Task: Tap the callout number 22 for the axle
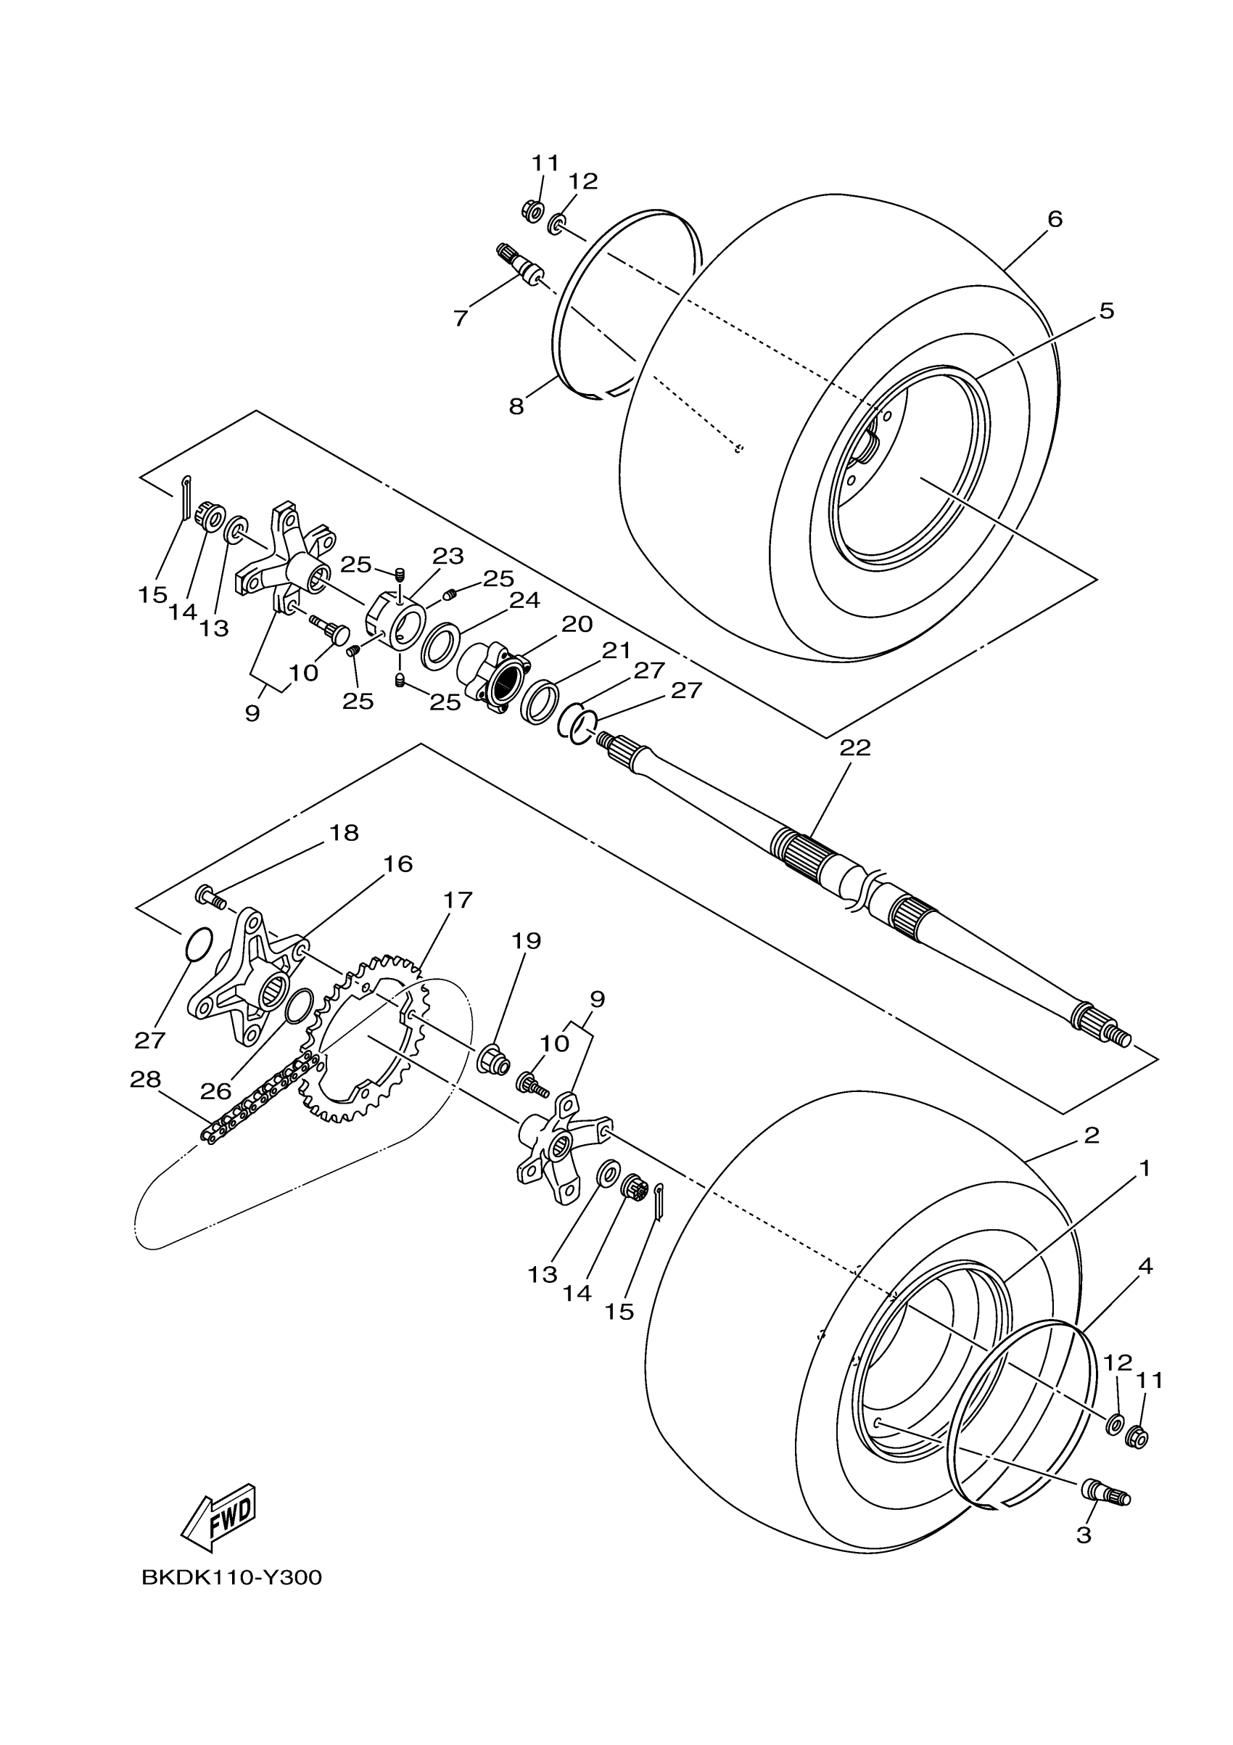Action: click(x=854, y=748)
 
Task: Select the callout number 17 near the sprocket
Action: click(x=458, y=900)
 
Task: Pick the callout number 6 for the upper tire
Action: click(x=1055, y=220)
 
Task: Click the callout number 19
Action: click(x=526, y=941)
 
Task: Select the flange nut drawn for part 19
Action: click(x=492, y=1059)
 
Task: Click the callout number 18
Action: click(x=343, y=833)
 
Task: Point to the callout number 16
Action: click(x=397, y=864)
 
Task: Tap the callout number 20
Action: click(x=577, y=624)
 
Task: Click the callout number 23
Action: click(x=448, y=556)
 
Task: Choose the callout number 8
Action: click(x=516, y=407)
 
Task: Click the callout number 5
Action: click(x=1106, y=311)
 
